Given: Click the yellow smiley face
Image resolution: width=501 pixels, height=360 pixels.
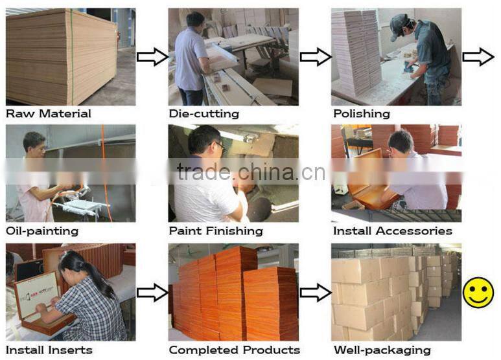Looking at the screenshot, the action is pyautogui.click(x=478, y=293).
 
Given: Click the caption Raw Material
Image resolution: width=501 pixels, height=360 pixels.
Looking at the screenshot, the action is pyautogui.click(x=49, y=113).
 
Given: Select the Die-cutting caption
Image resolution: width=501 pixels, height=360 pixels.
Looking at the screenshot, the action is pyautogui.click(x=204, y=113).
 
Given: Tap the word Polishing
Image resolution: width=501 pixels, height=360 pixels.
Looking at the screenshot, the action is pyautogui.click(x=362, y=113).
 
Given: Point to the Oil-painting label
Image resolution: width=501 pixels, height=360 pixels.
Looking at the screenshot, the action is pyautogui.click(x=42, y=231).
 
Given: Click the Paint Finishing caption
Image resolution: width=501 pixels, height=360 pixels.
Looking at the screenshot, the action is pyautogui.click(x=216, y=231).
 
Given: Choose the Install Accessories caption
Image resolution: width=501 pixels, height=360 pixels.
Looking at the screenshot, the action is pyautogui.click(x=393, y=231).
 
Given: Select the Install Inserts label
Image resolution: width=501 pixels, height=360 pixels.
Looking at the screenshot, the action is pyautogui.click(x=49, y=350).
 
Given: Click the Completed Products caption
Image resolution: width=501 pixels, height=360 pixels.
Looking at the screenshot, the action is pyautogui.click(x=235, y=350).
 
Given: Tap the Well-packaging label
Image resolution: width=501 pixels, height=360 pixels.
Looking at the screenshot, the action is pyautogui.click(x=382, y=350).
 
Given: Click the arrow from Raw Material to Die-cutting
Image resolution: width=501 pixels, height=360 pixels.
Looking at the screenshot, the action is pyautogui.click(x=152, y=57).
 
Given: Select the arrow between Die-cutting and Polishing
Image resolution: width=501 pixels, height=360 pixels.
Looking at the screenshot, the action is pyautogui.click(x=316, y=57).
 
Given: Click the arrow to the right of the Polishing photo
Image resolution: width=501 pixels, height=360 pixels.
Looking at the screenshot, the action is pyautogui.click(x=478, y=57).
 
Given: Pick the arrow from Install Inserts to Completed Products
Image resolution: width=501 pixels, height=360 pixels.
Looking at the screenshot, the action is pyautogui.click(x=152, y=293).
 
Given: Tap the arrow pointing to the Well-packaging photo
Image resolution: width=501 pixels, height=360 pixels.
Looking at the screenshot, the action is pyautogui.click(x=316, y=293).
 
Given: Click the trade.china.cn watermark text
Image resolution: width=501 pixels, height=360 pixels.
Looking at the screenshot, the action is pyautogui.click(x=251, y=172).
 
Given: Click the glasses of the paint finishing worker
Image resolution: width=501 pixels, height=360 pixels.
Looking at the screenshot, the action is pyautogui.click(x=219, y=146).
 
